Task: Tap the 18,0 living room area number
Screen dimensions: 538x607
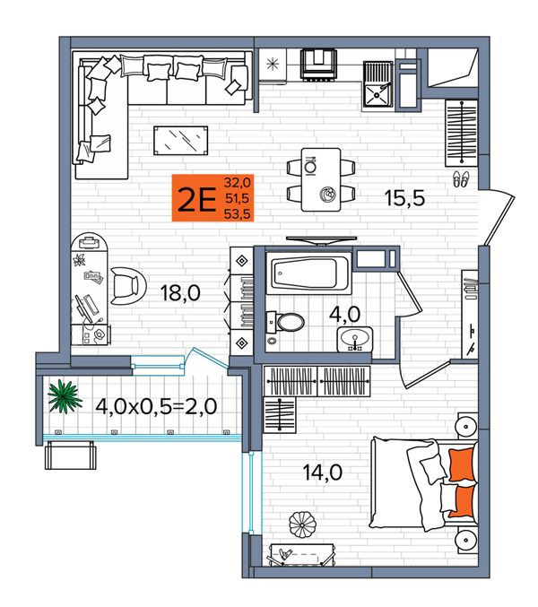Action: (x=180, y=293)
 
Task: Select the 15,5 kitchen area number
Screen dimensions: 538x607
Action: (x=405, y=198)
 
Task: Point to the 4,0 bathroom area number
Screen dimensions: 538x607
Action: (x=344, y=314)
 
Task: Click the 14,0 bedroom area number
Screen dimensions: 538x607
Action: (x=323, y=473)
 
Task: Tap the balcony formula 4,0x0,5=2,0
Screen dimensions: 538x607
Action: (x=156, y=406)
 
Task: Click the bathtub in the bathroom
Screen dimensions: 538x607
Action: (x=308, y=273)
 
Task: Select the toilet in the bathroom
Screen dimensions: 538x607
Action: (x=286, y=323)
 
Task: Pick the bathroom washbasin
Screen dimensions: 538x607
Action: (x=354, y=339)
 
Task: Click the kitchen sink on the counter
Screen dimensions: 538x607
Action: (x=377, y=84)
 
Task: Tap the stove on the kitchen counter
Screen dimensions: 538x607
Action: (x=318, y=65)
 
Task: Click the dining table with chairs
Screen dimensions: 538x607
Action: (x=321, y=179)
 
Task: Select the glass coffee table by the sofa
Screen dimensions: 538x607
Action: (x=181, y=141)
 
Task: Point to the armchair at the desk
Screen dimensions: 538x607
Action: (x=127, y=286)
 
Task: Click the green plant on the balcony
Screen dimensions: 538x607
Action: (x=65, y=396)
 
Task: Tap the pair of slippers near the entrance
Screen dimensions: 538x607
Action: (x=461, y=179)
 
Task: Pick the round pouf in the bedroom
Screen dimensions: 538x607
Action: (x=303, y=525)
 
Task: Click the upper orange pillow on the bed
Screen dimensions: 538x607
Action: (x=462, y=464)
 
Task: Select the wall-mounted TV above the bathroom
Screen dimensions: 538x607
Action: (x=321, y=240)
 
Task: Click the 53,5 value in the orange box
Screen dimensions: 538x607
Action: (x=237, y=213)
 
